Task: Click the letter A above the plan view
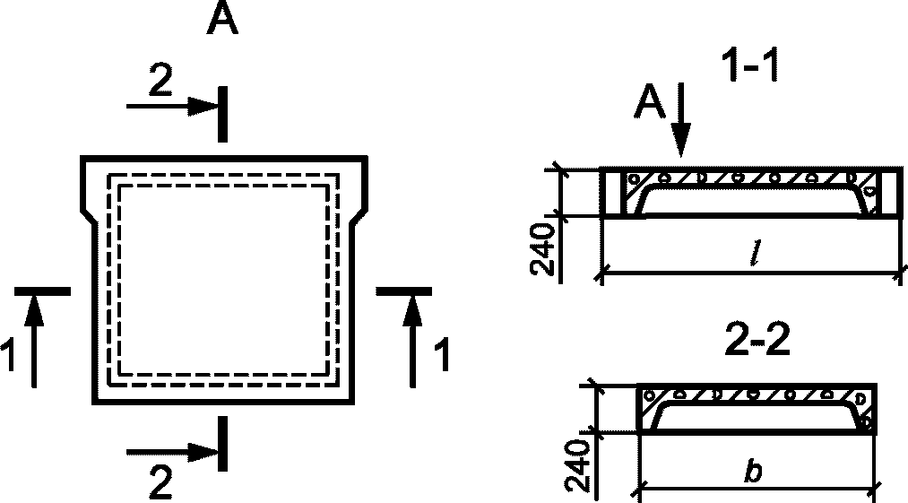[222, 19]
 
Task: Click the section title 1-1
[749, 66]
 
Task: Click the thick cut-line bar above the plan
[221, 114]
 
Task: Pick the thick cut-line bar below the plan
[221, 443]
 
